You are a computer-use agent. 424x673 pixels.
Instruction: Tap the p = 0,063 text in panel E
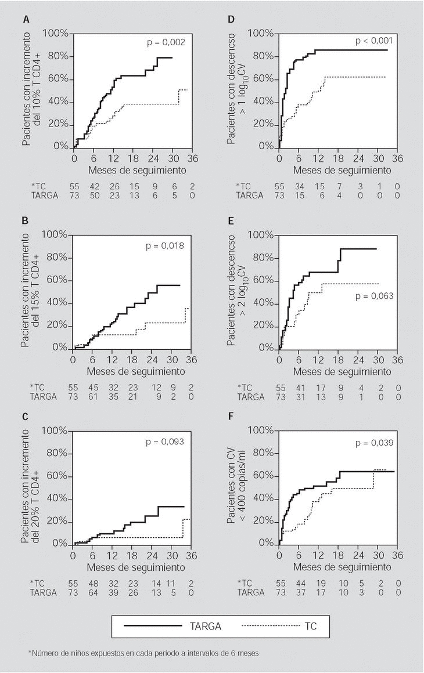click(373, 296)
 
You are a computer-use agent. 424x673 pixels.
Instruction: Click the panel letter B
click(26, 221)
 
